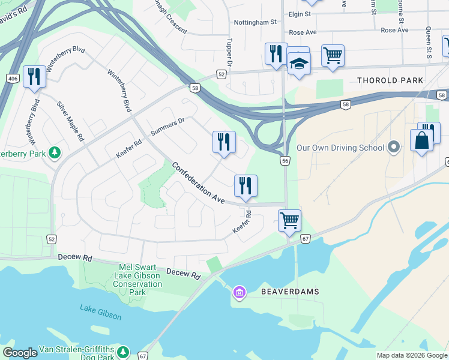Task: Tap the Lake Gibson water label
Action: pos(101,312)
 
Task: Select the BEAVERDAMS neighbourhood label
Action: pos(290,292)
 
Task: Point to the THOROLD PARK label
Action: pos(390,80)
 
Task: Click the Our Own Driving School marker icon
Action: pos(394,147)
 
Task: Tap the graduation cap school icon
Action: pos(298,62)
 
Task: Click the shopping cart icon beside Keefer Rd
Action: pos(290,220)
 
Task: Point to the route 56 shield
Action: pos(285,161)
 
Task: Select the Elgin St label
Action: pos(300,13)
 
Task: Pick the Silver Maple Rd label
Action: pos(71,121)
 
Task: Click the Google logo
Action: pos(20,353)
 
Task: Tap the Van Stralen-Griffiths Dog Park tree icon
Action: pos(123,350)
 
